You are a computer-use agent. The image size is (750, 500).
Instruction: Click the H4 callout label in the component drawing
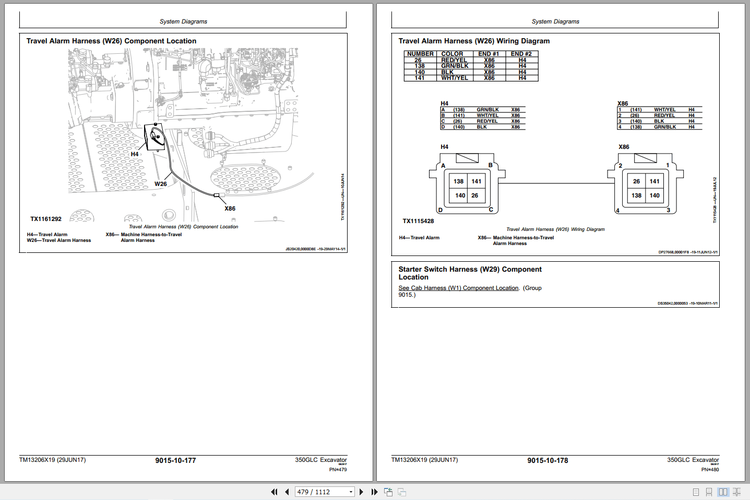[x=135, y=154]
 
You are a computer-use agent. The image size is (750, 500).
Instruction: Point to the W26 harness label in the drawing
[x=161, y=184]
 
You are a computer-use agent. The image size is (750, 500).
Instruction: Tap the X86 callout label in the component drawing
[x=230, y=208]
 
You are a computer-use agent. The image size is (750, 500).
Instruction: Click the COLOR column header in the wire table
[x=452, y=54]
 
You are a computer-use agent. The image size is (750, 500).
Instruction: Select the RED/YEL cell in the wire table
[x=454, y=60]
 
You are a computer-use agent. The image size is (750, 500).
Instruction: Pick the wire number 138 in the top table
[x=420, y=66]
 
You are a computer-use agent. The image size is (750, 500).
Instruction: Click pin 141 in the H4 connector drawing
[x=477, y=181]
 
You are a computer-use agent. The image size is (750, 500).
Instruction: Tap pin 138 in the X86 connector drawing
[x=636, y=195]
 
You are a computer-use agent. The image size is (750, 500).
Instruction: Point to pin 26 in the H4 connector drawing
[x=474, y=195]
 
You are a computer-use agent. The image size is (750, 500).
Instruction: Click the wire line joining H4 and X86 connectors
[x=553, y=183]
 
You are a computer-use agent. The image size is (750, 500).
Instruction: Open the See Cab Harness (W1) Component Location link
[x=458, y=288]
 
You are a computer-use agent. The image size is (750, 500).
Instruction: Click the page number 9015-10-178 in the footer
[x=547, y=460]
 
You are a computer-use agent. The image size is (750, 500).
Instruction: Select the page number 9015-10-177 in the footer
[x=175, y=460]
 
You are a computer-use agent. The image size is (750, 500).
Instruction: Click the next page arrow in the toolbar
[x=361, y=492]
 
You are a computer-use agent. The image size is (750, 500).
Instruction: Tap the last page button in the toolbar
[x=374, y=492]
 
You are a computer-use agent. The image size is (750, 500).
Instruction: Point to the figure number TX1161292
[x=46, y=219]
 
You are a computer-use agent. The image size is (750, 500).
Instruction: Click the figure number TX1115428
[x=418, y=221]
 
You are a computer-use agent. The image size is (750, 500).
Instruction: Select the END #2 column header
[x=521, y=54]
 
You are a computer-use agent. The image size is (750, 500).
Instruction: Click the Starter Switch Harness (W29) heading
[x=470, y=273]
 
